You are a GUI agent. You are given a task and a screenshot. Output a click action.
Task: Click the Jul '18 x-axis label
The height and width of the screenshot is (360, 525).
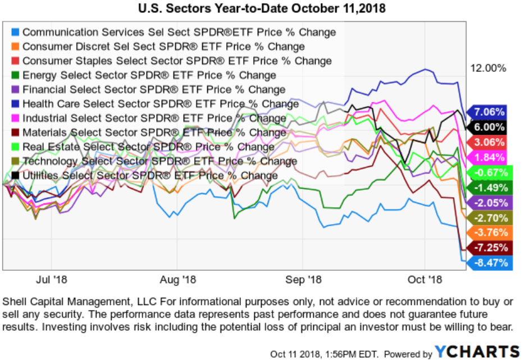[51, 279]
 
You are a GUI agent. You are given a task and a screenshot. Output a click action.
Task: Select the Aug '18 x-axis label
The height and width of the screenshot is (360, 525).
[177, 279]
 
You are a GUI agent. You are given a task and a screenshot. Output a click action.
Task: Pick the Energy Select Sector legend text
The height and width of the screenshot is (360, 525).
[149, 75]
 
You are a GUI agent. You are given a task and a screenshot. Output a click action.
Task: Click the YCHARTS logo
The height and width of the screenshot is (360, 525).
[478, 352]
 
